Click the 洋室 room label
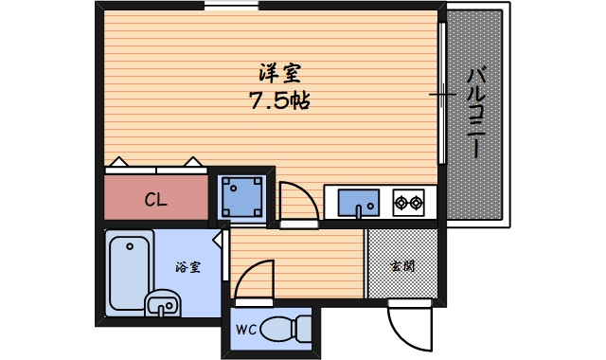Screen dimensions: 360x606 279,73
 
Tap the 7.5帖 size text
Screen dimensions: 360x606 279,99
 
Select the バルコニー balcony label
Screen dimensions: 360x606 477,112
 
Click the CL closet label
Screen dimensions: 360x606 156,200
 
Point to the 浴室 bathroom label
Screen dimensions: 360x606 188,267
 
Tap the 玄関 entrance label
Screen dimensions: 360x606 402,266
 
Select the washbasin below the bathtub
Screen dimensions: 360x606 161,305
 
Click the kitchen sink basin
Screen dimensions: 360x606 359,202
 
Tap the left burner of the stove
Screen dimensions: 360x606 401,201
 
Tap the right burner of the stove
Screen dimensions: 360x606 416,201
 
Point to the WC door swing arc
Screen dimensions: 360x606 252,280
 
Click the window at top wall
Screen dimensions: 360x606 231,7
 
